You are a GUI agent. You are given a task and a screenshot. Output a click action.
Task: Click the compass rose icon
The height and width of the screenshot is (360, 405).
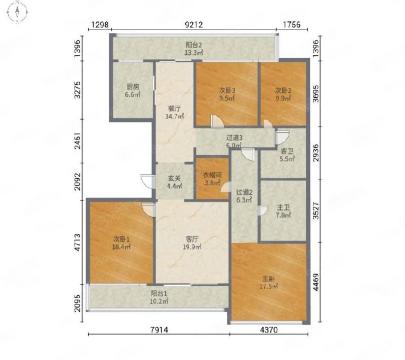17,12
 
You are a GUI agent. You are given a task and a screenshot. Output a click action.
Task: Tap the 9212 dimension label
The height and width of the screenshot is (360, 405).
194,24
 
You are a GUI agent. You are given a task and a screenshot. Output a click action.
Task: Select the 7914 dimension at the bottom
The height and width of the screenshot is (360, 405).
159,330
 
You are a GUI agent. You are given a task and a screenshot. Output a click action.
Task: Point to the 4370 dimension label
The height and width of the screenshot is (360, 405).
269,330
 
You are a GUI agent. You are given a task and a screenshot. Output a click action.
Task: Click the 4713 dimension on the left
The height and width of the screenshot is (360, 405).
77,243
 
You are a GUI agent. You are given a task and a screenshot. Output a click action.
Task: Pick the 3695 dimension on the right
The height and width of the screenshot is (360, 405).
316,93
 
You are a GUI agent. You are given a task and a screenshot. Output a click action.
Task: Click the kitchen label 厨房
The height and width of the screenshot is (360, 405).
133,87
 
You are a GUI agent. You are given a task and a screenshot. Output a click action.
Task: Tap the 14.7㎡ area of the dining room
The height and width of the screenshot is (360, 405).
175,117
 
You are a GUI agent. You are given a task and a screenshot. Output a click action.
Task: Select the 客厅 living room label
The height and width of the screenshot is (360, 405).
192,239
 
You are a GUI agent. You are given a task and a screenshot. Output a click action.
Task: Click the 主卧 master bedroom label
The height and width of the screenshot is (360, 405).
268,279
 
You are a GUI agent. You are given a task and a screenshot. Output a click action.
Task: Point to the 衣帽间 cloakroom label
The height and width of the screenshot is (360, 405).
212,175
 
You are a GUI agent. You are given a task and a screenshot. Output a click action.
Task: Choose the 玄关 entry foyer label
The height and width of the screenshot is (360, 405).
174,178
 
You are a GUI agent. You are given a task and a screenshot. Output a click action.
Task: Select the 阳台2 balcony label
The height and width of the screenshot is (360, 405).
194,45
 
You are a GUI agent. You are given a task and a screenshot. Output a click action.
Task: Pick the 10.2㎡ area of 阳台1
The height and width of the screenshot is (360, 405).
159,301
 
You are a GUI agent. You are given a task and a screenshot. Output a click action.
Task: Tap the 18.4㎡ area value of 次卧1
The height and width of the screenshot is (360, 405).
121,247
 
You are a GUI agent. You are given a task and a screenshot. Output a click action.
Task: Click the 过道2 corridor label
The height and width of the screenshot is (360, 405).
244,192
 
